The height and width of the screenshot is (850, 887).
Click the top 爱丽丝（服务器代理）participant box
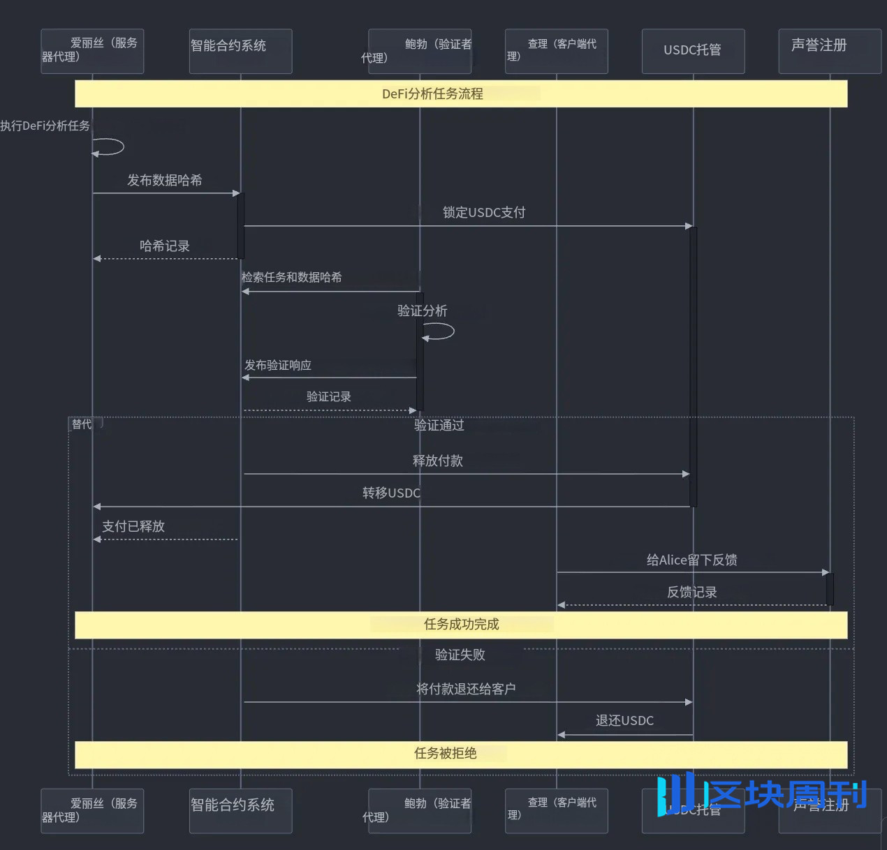coord(92,51)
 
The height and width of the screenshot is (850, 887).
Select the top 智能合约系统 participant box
coord(240,51)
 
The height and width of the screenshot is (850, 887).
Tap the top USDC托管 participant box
coord(693,51)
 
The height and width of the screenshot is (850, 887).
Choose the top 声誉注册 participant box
coord(830,51)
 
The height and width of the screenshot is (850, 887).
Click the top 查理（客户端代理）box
coord(556,51)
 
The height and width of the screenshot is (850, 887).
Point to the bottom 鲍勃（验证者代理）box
coord(420,810)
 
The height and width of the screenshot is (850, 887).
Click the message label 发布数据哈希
coord(165,180)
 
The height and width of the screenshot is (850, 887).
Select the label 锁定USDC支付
coord(484,212)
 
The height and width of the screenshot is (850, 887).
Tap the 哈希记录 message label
coord(165,246)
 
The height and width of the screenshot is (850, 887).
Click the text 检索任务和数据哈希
coord(292,277)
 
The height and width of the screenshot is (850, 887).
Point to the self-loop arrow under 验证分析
coord(440,332)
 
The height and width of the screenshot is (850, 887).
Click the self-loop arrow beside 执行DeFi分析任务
coord(109,147)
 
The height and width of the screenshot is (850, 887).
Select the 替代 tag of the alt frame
coord(82,424)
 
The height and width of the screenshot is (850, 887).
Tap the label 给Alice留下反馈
coord(691,560)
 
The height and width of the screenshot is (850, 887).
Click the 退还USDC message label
coord(624,720)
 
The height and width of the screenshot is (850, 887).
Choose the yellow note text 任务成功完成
coord(462,624)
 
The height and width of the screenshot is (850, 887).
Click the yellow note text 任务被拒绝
coord(446,753)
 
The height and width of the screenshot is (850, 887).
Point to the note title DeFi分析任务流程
coord(432,94)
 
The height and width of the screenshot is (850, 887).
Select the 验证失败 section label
coord(460,655)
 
